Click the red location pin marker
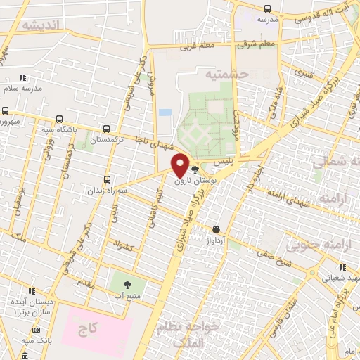[x=181, y=165]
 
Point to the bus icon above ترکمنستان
[x=106, y=129]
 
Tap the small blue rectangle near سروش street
[x=165, y=112]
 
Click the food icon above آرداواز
[x=215, y=229]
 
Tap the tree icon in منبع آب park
[x=127, y=285]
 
